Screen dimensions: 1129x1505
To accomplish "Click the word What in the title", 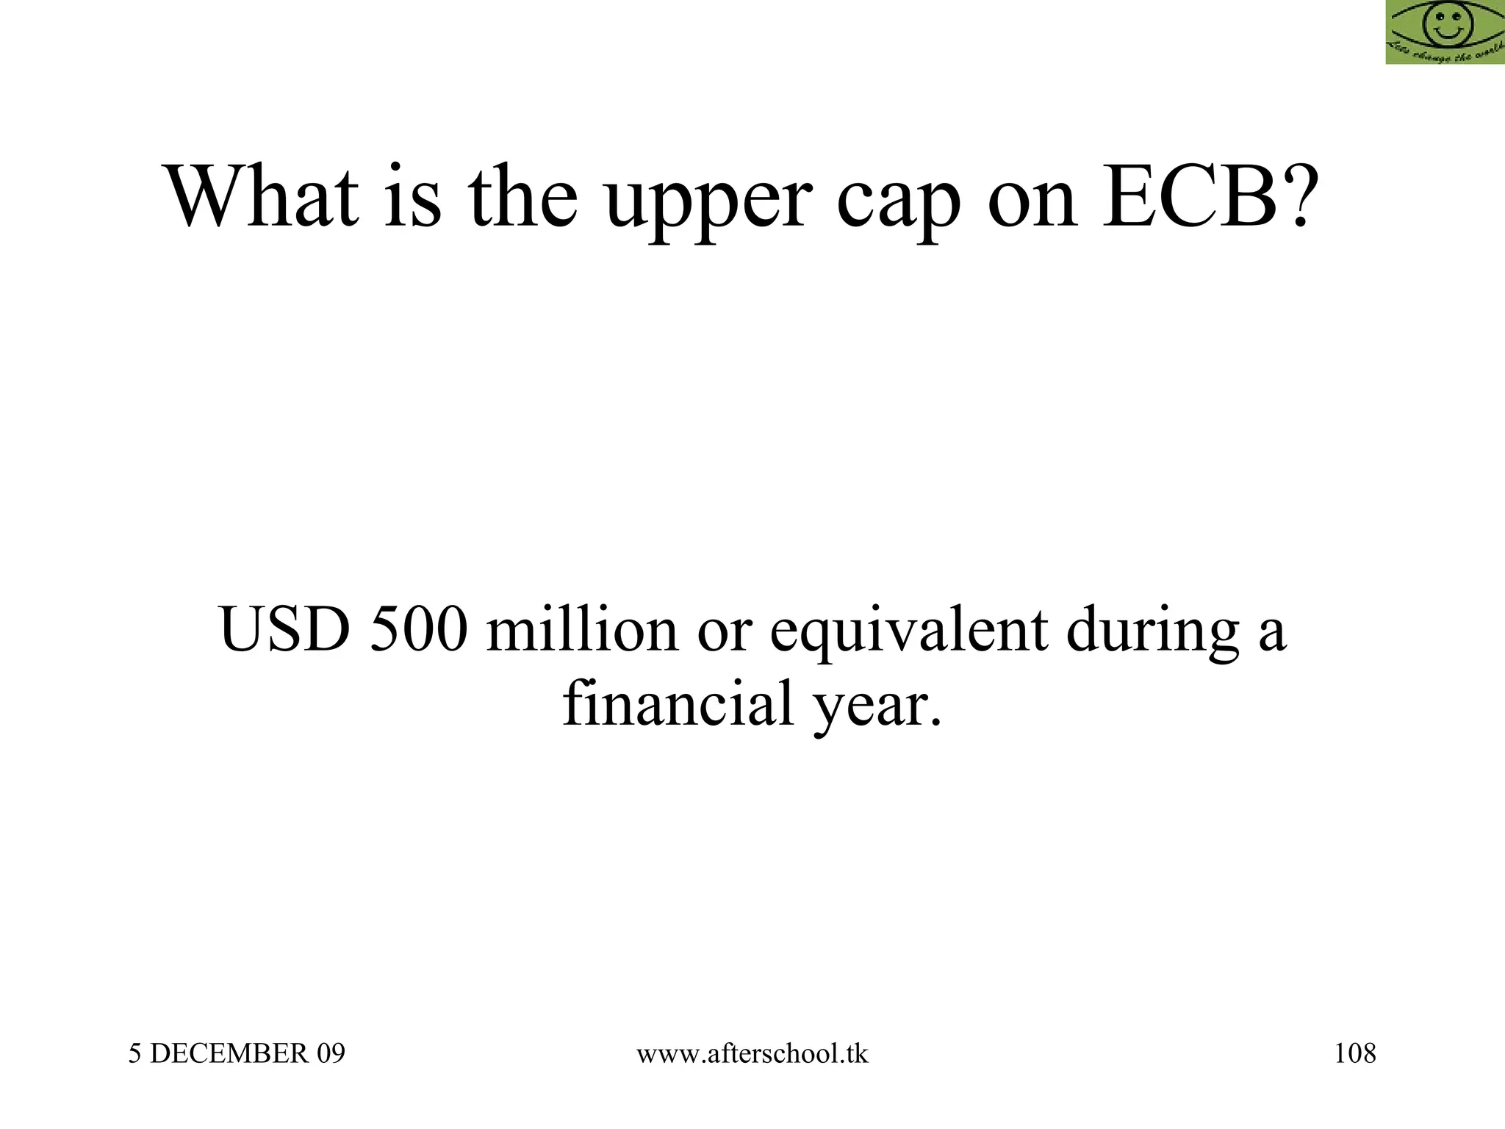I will pyautogui.click(x=264, y=197).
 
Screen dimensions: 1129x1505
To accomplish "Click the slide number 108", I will pyautogui.click(x=1355, y=1054).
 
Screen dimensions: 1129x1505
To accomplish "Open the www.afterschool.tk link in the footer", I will pyautogui.click(x=752, y=1054).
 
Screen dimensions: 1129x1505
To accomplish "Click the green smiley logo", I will pyautogui.click(x=1445, y=32).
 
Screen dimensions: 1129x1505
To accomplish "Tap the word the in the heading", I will pyautogui.click(x=522, y=197).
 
